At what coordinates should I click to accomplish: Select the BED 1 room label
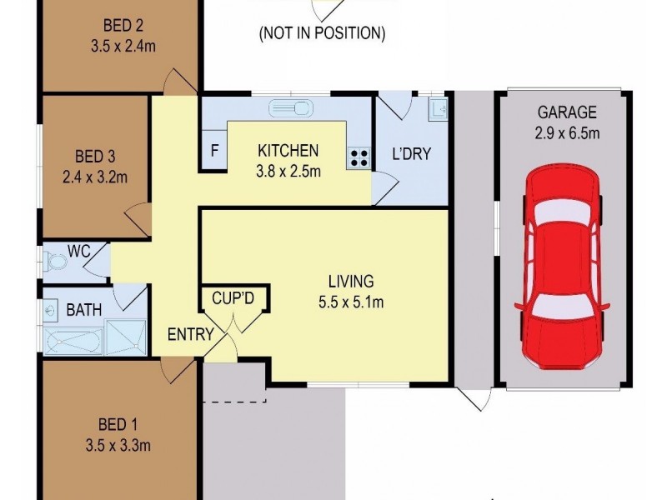click(x=118, y=424)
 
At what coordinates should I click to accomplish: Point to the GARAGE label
click(x=566, y=112)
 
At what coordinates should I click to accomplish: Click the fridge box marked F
click(x=213, y=152)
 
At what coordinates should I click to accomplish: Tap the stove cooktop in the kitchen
click(x=359, y=157)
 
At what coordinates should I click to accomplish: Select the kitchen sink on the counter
click(x=291, y=107)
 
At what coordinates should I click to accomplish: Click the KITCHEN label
click(x=288, y=151)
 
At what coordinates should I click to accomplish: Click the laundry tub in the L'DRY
click(x=439, y=108)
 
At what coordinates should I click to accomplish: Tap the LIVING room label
click(x=351, y=282)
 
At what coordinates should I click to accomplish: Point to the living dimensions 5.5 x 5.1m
click(x=351, y=302)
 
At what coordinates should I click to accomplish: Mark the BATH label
click(x=84, y=310)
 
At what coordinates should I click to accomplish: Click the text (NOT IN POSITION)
click(x=322, y=34)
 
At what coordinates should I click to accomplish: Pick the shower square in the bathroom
click(x=130, y=338)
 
